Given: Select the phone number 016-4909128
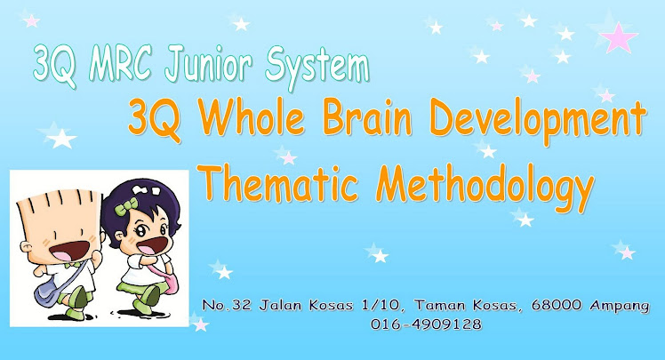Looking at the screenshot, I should [427, 324].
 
